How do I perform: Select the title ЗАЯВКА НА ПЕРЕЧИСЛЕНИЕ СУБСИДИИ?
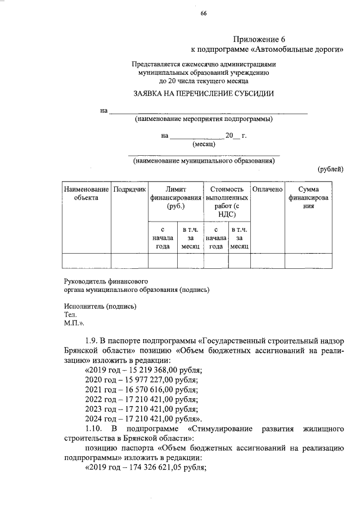(x=203, y=93)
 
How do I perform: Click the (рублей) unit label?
(x=330, y=169)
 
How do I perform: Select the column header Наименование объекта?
(x=85, y=194)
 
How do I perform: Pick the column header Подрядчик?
(x=129, y=190)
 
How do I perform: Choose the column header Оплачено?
(x=267, y=190)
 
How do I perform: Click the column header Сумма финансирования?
(x=309, y=198)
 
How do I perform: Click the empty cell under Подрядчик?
(x=129, y=262)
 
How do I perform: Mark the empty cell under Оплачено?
(x=267, y=262)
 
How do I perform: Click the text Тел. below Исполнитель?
(x=69, y=316)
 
